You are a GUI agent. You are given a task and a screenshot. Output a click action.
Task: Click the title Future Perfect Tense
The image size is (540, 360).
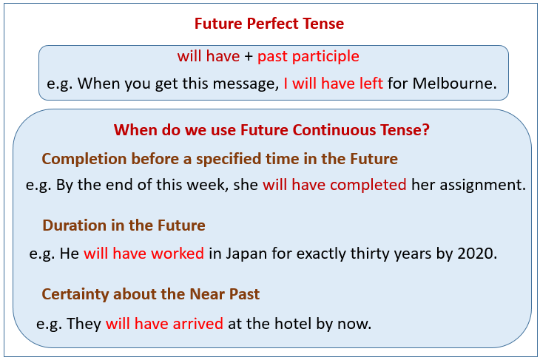(x=269, y=24)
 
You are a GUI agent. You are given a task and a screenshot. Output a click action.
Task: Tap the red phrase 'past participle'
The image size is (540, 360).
(x=308, y=56)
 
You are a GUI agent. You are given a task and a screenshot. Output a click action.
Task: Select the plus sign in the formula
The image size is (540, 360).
(x=248, y=57)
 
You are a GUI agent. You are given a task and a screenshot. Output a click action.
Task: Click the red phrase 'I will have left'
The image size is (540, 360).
(x=334, y=84)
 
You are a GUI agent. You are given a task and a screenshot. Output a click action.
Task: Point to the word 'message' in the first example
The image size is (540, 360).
(x=242, y=84)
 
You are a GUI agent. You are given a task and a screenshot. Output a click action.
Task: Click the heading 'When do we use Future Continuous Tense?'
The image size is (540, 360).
(x=272, y=130)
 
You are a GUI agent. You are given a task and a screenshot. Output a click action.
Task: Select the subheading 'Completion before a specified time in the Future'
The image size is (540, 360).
(x=220, y=159)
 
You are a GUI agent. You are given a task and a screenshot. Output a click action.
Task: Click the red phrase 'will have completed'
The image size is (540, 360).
(x=334, y=185)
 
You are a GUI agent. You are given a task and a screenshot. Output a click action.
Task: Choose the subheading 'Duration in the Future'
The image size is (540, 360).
(x=124, y=225)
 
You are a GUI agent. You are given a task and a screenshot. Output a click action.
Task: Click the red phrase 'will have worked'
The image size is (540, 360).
(x=144, y=253)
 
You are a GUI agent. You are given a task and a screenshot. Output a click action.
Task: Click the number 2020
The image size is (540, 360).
(x=477, y=253)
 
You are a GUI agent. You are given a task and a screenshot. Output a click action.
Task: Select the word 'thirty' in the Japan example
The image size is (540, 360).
(x=380, y=253)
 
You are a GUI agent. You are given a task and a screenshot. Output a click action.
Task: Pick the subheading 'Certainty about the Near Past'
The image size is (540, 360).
(x=151, y=294)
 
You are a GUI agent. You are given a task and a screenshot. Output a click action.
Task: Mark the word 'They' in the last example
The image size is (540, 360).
(x=84, y=323)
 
